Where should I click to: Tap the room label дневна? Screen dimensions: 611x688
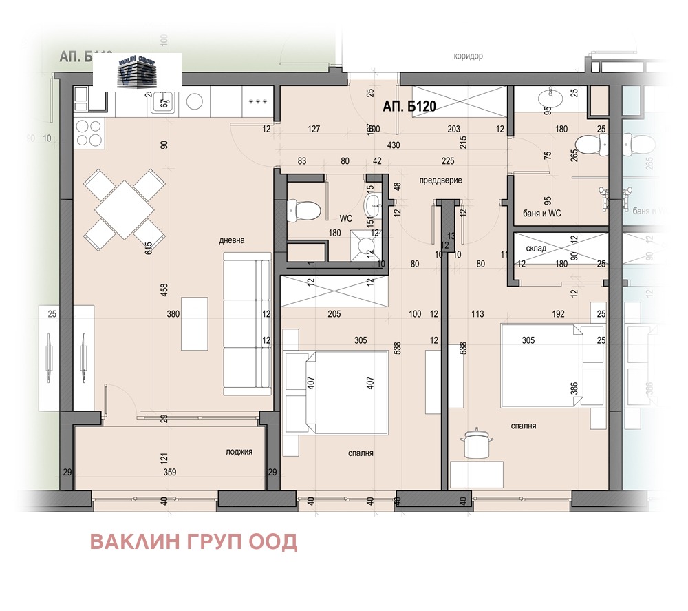[x=232, y=240]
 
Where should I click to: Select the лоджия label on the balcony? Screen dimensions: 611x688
[x=239, y=452]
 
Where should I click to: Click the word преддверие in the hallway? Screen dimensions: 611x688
[x=440, y=180]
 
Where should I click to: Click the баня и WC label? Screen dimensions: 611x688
[x=542, y=214]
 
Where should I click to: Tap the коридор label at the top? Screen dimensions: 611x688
[x=469, y=56]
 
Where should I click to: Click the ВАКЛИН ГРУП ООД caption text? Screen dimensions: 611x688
[x=194, y=542]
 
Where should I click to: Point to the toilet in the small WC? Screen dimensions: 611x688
[x=304, y=208]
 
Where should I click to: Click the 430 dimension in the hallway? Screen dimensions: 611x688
[x=394, y=145]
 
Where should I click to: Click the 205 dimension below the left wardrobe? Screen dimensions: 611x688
[x=334, y=314]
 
